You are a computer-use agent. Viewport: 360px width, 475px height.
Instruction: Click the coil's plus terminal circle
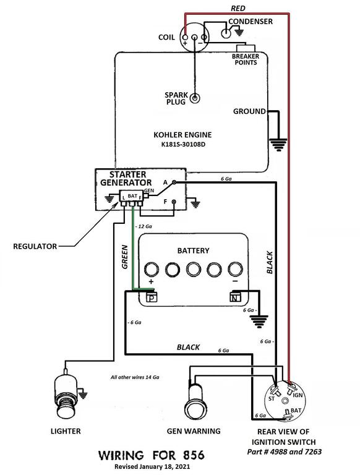point(185,38)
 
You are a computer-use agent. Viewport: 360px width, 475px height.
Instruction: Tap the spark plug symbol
point(195,98)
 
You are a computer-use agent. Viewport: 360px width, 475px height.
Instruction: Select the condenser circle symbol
point(225,33)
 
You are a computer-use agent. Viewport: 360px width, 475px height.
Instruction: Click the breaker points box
point(246,48)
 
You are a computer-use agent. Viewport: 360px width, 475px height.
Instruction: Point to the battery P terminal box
point(152,298)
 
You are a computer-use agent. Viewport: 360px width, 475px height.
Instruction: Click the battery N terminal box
point(235,297)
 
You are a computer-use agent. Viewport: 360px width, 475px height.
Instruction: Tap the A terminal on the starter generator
point(174,182)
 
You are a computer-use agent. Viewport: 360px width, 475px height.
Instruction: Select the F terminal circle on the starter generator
point(174,202)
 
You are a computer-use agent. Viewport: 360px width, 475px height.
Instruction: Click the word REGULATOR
point(35,246)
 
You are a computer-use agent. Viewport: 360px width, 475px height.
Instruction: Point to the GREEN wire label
point(125,257)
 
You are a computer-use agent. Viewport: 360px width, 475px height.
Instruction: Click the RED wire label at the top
point(238,9)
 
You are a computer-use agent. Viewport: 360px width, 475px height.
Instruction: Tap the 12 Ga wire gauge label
point(144,226)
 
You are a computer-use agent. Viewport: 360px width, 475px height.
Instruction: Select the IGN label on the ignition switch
point(298,395)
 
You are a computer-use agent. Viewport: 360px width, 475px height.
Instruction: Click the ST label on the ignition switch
point(272,399)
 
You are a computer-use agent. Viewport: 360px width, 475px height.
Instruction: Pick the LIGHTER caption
point(66,431)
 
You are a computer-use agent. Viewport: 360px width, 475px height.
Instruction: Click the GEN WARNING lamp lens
point(194,410)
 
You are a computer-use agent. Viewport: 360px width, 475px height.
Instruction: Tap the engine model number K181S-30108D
point(183,144)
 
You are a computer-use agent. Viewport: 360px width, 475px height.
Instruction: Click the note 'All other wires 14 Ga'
point(135,377)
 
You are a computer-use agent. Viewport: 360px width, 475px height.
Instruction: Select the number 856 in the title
point(194,455)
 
